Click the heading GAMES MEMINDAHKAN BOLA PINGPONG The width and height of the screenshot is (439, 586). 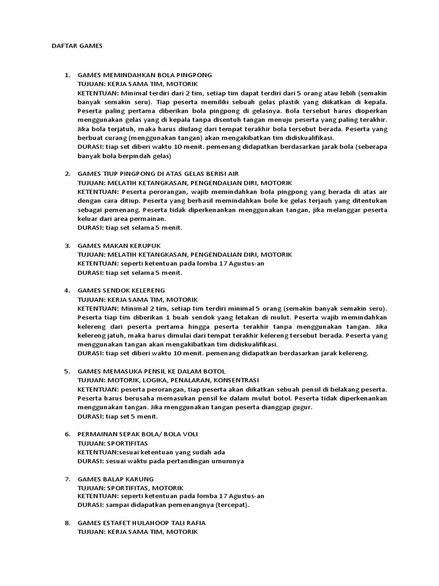pyautogui.click(x=145, y=75)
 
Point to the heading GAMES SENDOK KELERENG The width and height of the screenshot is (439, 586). pyautogui.click(x=121, y=290)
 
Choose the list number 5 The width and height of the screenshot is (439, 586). pyautogui.click(x=67, y=371)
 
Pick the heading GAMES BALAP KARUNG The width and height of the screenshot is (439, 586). pyautogui.click(x=115, y=478)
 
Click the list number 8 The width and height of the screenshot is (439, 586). pyautogui.click(x=67, y=523)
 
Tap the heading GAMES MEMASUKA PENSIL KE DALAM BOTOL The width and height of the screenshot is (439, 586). pyautogui.click(x=151, y=371)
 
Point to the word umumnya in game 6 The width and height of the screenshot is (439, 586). pyautogui.click(x=225, y=461)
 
